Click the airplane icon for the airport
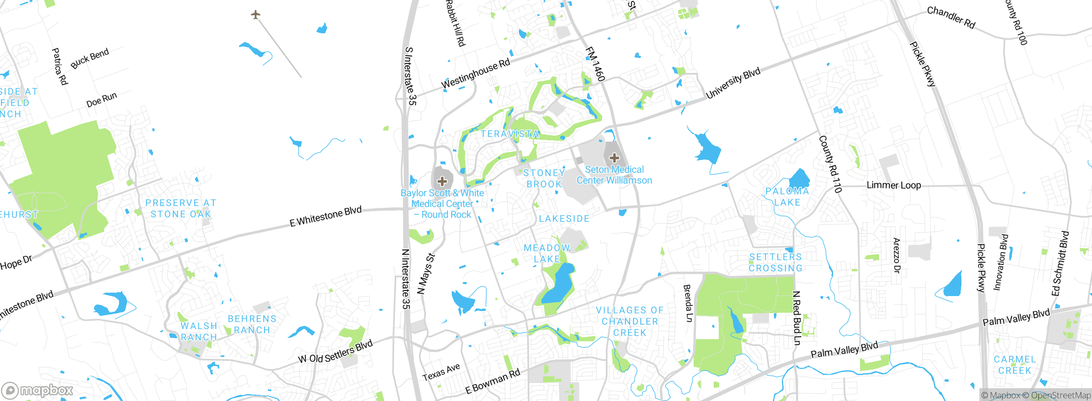tap(256, 15)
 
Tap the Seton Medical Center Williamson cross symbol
tap(614, 158)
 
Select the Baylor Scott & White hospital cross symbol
tap(442, 181)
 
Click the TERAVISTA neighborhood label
tap(510, 134)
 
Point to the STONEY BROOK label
tap(544, 178)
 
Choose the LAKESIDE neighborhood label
tap(564, 218)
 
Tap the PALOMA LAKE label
tap(787, 197)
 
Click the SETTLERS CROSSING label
tap(775, 262)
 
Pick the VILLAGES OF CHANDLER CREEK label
tap(630, 321)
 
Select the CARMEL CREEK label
tap(1015, 365)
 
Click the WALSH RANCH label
tap(199, 331)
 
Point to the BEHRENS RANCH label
tap(252, 324)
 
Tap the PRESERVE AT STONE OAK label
tap(181, 208)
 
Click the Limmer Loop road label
tap(894, 185)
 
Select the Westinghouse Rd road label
tap(475, 74)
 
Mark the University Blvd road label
tap(733, 83)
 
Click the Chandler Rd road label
tap(951, 17)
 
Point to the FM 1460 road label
tap(595, 64)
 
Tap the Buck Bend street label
tap(90, 58)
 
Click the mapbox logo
tap(38, 390)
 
